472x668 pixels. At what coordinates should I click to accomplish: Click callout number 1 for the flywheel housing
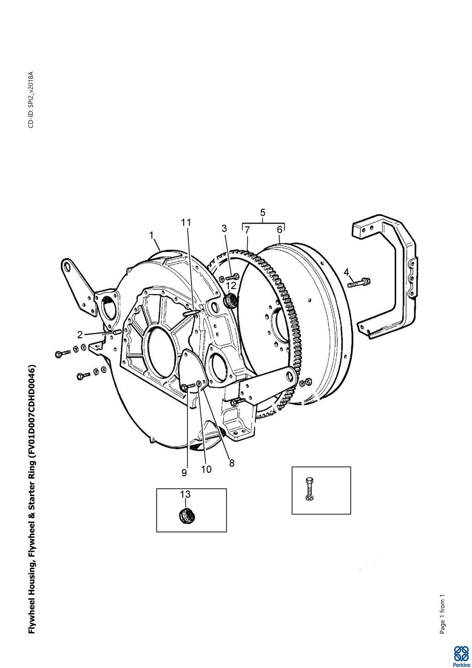click(151, 235)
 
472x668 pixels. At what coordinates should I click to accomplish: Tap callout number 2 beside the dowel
click(80, 335)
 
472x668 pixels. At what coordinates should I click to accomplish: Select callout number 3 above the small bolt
click(224, 229)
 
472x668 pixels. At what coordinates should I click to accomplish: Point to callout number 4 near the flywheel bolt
click(346, 272)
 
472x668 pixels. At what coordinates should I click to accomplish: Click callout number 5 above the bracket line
click(263, 213)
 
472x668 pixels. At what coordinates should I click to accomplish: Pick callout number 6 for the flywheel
click(279, 230)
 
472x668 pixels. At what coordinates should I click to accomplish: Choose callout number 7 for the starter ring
click(247, 230)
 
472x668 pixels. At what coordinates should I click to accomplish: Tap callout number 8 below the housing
click(232, 463)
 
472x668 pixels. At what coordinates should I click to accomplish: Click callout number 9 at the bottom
click(184, 473)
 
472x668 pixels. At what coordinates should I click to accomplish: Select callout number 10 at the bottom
click(206, 470)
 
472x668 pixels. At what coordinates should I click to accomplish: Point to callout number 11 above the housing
click(186, 223)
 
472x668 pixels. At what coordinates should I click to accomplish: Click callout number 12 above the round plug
click(231, 285)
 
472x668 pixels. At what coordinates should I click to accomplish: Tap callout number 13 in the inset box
click(185, 494)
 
